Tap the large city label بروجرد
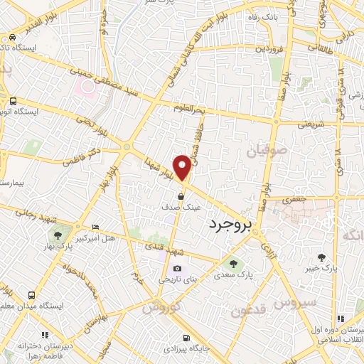232,225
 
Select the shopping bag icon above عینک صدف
182,196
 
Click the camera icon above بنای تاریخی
177,269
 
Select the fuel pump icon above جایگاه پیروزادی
186,338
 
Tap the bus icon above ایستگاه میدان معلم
31,294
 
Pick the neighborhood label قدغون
248,311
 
